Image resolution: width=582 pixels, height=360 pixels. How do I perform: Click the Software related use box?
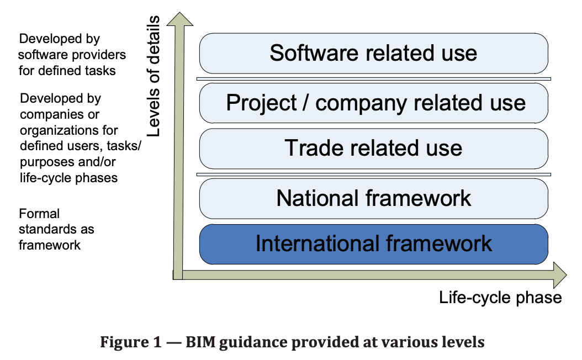coord(373,53)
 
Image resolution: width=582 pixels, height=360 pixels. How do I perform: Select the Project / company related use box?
coord(373,103)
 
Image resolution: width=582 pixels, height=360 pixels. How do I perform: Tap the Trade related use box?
coord(373,149)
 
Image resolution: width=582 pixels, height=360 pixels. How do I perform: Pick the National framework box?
coord(373,199)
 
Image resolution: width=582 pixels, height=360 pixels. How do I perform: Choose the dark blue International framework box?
coord(373,244)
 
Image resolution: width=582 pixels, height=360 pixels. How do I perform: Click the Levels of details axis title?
coord(153,76)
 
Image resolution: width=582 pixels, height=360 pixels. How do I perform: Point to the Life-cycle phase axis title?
coord(500,298)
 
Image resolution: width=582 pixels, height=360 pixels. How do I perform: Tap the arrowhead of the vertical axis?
coord(180,19)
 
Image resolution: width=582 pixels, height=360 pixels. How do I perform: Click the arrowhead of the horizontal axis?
coord(560,275)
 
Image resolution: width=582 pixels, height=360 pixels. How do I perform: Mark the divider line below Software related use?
coord(373,79)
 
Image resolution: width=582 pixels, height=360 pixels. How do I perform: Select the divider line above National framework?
coord(373,174)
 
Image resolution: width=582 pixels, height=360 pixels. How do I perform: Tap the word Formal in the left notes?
coord(39,214)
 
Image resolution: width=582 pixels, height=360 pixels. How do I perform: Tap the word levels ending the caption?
coord(464,341)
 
